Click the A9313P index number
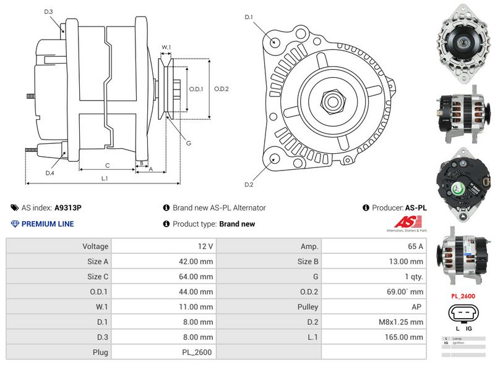coord(67,208)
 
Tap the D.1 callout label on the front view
coord(249,17)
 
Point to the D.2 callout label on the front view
coord(249,185)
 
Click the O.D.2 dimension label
coord(222,88)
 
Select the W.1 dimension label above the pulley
coord(166,47)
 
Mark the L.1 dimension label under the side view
coord(105,178)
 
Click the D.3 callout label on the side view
coord(49,12)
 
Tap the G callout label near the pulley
coord(188,143)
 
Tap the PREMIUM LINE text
coord(47,224)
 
